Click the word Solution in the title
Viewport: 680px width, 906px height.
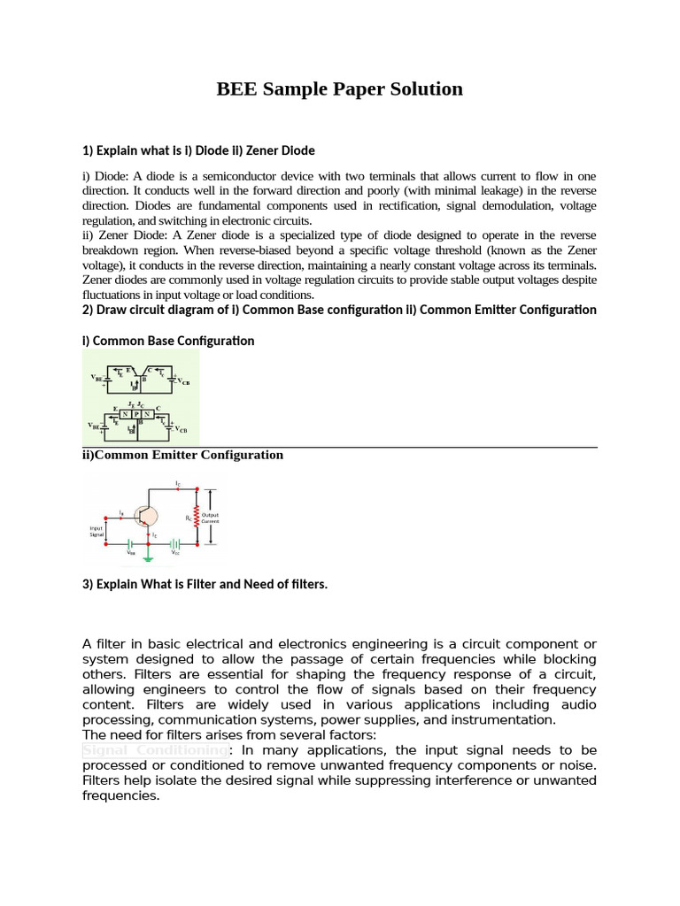tap(423, 89)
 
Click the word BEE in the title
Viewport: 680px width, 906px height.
tap(237, 89)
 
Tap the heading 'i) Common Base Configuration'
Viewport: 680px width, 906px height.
tap(168, 341)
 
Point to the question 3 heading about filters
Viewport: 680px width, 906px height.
tap(205, 584)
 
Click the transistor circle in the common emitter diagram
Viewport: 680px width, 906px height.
tap(145, 516)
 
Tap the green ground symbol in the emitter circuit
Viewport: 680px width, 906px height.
tap(148, 559)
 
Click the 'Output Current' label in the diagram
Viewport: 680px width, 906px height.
tap(210, 518)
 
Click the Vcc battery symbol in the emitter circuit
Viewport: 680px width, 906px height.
tap(175, 544)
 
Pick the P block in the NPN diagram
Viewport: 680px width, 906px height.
tap(136, 414)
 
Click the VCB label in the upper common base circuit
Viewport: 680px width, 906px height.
tap(183, 381)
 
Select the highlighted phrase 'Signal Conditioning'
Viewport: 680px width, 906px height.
tap(155, 749)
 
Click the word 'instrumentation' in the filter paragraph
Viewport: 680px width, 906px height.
tap(506, 719)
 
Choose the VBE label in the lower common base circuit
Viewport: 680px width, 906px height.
tap(94, 426)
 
